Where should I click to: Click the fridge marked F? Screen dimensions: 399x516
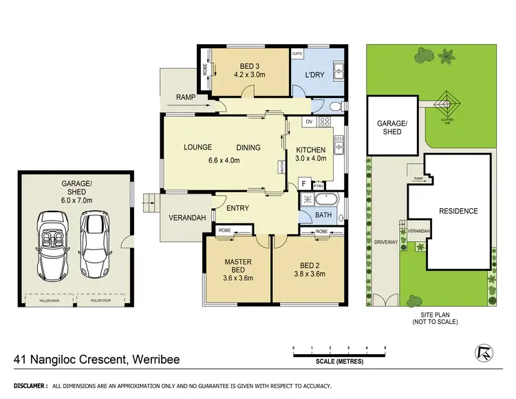pyautogui.click(x=303, y=185)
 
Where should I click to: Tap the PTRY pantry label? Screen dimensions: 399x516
pyautogui.click(x=318, y=185)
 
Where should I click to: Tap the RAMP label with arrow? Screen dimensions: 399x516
pyautogui.click(x=185, y=98)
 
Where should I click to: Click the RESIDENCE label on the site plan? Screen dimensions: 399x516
pyautogui.click(x=458, y=211)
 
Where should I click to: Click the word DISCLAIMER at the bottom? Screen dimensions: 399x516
pyautogui.click(x=27, y=386)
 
